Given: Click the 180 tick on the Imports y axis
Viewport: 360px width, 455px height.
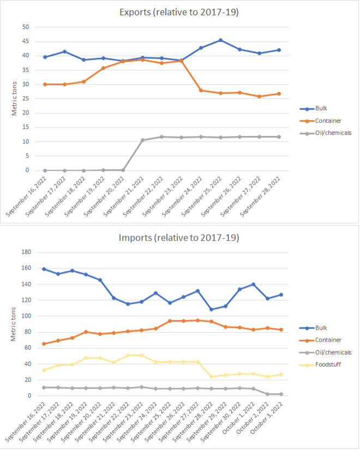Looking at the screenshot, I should click(24, 252).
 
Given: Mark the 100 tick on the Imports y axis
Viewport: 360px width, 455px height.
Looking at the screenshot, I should click(24, 316).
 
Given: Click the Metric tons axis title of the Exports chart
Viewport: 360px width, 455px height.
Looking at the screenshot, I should click(15, 98).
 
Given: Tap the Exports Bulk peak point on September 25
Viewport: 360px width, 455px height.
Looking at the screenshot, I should click(220, 40).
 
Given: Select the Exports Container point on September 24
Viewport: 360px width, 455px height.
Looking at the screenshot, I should click(201, 90).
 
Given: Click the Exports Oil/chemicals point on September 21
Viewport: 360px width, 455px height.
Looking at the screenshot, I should click(142, 140).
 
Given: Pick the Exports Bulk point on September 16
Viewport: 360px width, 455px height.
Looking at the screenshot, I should click(45, 57).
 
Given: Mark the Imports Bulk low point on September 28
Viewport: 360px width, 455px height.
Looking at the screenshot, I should click(212, 309).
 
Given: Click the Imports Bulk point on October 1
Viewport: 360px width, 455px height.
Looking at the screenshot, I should click(254, 284).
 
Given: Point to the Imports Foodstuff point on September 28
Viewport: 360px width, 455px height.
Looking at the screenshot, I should click(212, 376).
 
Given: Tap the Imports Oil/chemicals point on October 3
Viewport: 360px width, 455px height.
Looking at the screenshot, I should click(281, 394).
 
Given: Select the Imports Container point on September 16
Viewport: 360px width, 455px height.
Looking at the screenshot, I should click(44, 344).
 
